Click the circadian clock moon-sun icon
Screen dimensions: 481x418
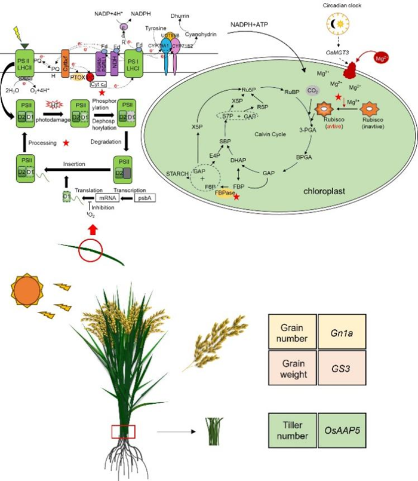pos(338,24)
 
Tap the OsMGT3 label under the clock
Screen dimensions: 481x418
pos(338,52)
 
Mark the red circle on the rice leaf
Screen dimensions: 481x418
pos(90,250)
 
